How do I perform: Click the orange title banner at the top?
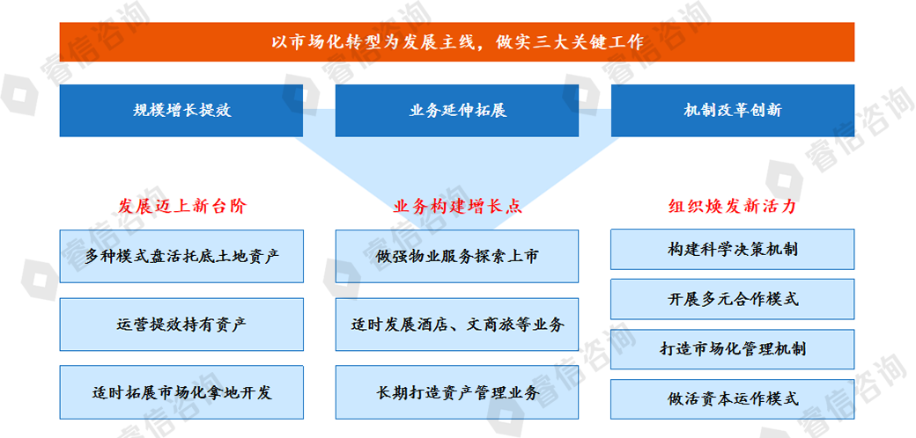pos(457,42)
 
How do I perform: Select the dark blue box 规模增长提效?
pos(181,111)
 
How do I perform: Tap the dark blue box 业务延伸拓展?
pos(457,111)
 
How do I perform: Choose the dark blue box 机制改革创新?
pos(733,111)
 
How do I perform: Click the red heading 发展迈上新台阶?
pos(182,207)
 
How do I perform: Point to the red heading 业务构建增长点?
pos(457,207)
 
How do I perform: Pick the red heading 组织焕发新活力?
pos(733,207)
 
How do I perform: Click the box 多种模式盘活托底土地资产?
pos(181,256)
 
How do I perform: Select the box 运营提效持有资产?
pos(181,325)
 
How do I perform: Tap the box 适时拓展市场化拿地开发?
pos(181,392)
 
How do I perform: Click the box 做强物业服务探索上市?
pos(457,256)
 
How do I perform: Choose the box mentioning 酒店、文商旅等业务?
pos(457,325)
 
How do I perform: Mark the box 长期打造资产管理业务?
pos(457,392)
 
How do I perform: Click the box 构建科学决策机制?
pos(733,249)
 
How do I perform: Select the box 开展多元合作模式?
pos(733,299)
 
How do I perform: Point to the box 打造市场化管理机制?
pos(733,349)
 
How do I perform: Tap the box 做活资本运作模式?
pos(733,399)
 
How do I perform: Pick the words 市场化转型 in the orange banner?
pos(335,42)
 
